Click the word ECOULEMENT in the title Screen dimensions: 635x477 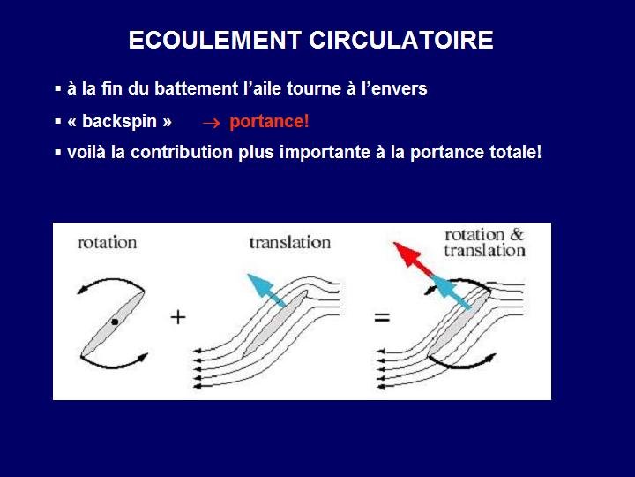(x=214, y=40)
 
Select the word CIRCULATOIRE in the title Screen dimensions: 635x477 (x=401, y=40)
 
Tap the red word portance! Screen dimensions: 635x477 (x=269, y=121)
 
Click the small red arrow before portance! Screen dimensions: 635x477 (x=212, y=124)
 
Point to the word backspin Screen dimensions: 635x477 (x=119, y=121)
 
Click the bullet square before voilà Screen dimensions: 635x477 (x=58, y=153)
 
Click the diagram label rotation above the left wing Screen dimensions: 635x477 (x=108, y=243)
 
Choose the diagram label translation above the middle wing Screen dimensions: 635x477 (x=290, y=243)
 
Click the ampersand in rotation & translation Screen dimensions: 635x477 (x=517, y=234)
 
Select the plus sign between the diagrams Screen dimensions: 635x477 (x=178, y=317)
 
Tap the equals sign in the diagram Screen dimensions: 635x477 (x=382, y=317)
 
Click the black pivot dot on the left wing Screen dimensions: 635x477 (x=115, y=322)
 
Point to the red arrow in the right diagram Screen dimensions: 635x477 (x=412, y=258)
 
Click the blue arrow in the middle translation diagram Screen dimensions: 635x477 (x=266, y=290)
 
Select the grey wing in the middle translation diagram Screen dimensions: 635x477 (x=274, y=323)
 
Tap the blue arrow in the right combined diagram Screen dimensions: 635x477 (x=451, y=291)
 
